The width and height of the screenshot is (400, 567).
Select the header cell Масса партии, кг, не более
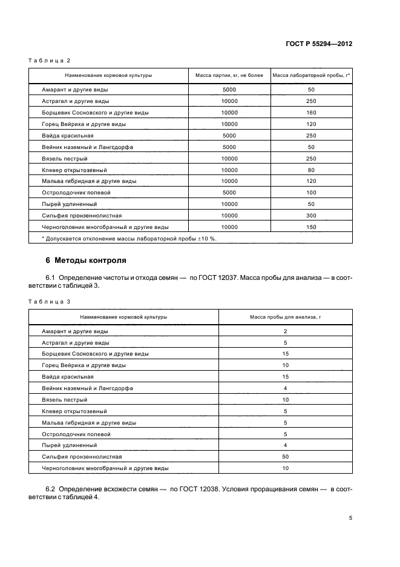pos(229,76)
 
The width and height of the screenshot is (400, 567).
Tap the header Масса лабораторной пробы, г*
pos(311,76)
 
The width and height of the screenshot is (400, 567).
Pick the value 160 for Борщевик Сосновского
pos(311,113)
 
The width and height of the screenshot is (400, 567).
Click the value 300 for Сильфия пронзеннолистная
pos(311,216)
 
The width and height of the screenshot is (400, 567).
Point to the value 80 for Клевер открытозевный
pos(311,170)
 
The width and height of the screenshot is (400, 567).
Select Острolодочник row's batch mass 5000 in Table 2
pos(229,193)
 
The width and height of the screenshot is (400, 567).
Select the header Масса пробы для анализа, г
pos(284,317)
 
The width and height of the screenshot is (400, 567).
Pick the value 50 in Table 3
pos(284,457)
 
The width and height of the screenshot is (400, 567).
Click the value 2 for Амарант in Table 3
pos(284,331)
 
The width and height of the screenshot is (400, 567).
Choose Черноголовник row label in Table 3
pos(105,468)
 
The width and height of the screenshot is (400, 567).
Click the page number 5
pos(350,518)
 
